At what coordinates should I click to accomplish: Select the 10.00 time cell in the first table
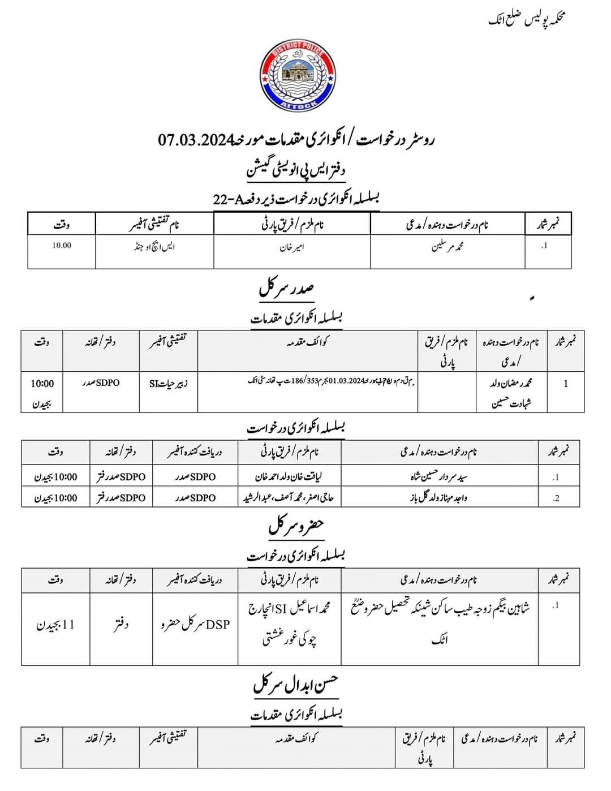click(x=62, y=246)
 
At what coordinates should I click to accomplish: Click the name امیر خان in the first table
click(x=292, y=247)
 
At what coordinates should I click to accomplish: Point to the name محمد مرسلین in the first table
click(x=448, y=247)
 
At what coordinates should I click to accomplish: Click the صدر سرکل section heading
click(x=287, y=290)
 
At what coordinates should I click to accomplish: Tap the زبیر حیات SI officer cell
click(x=169, y=383)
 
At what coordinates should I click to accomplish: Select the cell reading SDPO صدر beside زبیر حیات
click(x=100, y=382)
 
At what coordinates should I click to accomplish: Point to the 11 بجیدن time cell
click(x=55, y=626)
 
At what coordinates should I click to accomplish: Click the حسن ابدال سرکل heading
click(x=295, y=685)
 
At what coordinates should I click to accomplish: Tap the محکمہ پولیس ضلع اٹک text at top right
click(x=527, y=20)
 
